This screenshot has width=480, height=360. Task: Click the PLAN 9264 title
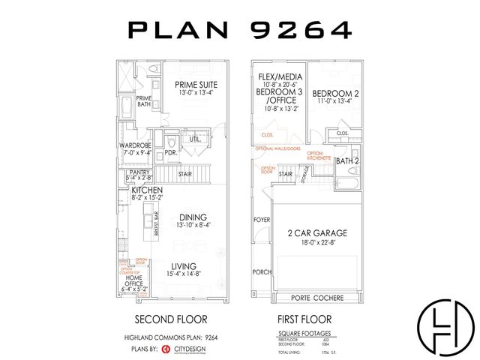[240, 30]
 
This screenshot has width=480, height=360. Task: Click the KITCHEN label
[148, 191]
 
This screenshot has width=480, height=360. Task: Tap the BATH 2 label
[347, 161]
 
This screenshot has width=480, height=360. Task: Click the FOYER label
[261, 220]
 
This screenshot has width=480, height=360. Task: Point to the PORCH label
[261, 271]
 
